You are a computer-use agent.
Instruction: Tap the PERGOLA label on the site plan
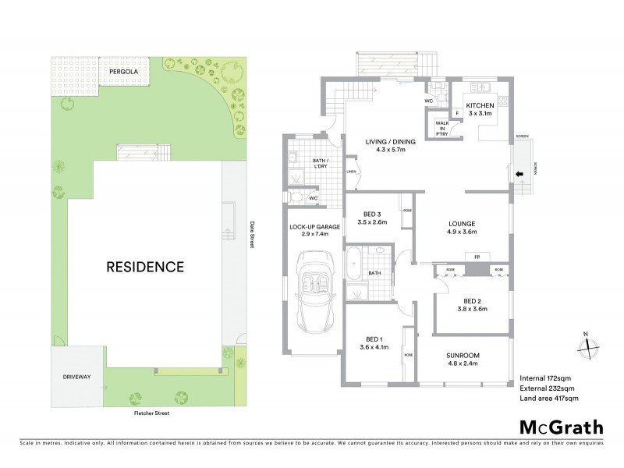[123, 71]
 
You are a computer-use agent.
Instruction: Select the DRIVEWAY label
[77, 377]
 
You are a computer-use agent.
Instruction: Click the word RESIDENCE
[145, 267]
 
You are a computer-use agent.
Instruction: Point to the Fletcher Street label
[151, 413]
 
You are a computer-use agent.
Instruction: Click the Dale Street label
[252, 233]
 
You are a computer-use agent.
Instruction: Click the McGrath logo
[561, 427]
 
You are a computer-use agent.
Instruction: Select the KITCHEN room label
[480, 105]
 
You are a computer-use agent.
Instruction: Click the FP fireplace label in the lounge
[474, 257]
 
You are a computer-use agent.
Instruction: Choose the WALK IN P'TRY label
[442, 127]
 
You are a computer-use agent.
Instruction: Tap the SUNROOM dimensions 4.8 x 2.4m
[463, 363]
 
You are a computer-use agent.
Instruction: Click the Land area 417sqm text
[549, 399]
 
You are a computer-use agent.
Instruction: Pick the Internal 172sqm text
[545, 378]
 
